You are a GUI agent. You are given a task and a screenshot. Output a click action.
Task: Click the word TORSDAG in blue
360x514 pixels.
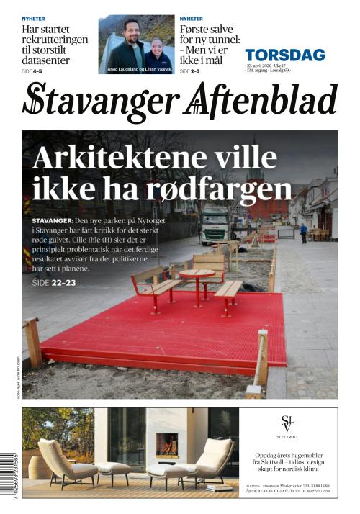(x=284, y=55)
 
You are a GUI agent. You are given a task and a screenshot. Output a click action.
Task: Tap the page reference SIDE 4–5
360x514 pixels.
(x=32, y=72)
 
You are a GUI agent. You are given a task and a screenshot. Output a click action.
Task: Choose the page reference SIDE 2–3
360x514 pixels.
(x=190, y=72)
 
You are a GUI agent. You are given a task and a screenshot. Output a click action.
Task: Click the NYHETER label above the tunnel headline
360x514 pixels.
(x=191, y=19)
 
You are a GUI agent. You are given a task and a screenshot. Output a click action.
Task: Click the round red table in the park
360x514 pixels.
(x=197, y=274)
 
